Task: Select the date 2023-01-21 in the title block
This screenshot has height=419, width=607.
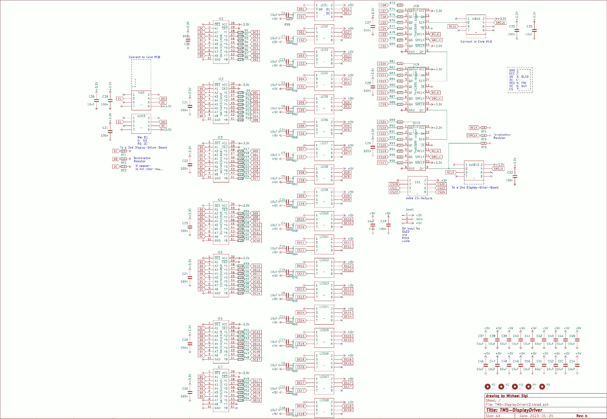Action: pyautogui.click(x=542, y=416)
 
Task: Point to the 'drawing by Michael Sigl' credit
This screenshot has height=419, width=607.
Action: pyautogui.click(x=507, y=396)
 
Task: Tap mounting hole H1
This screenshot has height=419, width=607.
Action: pyautogui.click(x=487, y=386)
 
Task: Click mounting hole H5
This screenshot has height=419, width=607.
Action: pyautogui.click(x=542, y=386)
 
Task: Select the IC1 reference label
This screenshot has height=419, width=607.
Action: pyautogui.click(x=221, y=19)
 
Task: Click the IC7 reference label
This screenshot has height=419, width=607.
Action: pyautogui.click(x=220, y=367)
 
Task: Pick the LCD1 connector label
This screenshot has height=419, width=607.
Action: pyautogui.click(x=324, y=5)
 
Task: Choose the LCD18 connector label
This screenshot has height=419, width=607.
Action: pyautogui.click(x=324, y=400)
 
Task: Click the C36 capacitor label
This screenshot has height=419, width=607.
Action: pyautogui.click(x=91, y=96)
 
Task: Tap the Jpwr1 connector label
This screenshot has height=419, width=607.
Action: pyautogui.click(x=409, y=210)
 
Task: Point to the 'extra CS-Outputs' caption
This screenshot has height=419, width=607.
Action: pyautogui.click(x=419, y=198)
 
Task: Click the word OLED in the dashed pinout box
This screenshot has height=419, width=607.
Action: pyautogui.click(x=525, y=77)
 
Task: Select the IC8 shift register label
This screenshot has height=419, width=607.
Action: pyautogui.click(x=416, y=6)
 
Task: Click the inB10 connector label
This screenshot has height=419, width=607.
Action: pyautogui.click(x=476, y=19)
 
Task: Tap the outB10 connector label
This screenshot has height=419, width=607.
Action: pyautogui.click(x=474, y=165)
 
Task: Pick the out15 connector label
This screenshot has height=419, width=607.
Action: pyautogui.click(x=141, y=116)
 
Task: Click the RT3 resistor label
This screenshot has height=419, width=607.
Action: pyautogui.click(x=124, y=170)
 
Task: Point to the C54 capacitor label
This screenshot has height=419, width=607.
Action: pyautogui.click(x=572, y=361)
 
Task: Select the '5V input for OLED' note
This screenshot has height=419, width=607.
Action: pyautogui.click(x=411, y=230)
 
